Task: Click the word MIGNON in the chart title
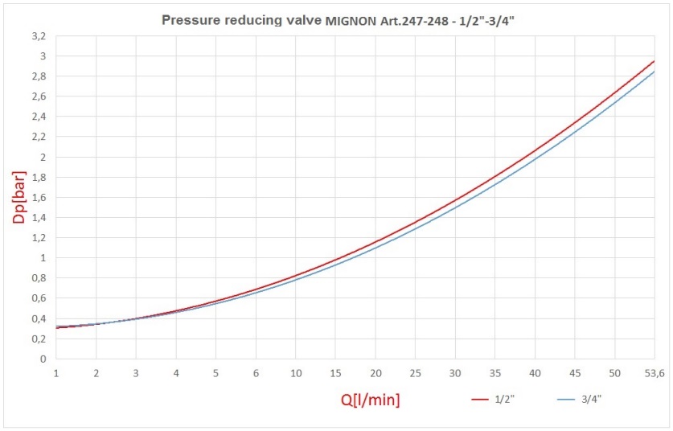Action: coord(351,19)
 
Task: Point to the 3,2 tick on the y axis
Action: coord(39,36)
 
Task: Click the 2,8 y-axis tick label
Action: coord(39,76)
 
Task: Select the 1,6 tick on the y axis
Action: coord(39,198)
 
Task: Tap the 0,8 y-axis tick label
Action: coord(39,278)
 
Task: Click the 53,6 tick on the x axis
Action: coord(654,374)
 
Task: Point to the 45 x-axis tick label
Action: coord(574,374)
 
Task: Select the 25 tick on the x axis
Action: coord(415,374)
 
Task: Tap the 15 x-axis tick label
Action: coord(335,374)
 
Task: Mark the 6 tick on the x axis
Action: coord(256,374)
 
